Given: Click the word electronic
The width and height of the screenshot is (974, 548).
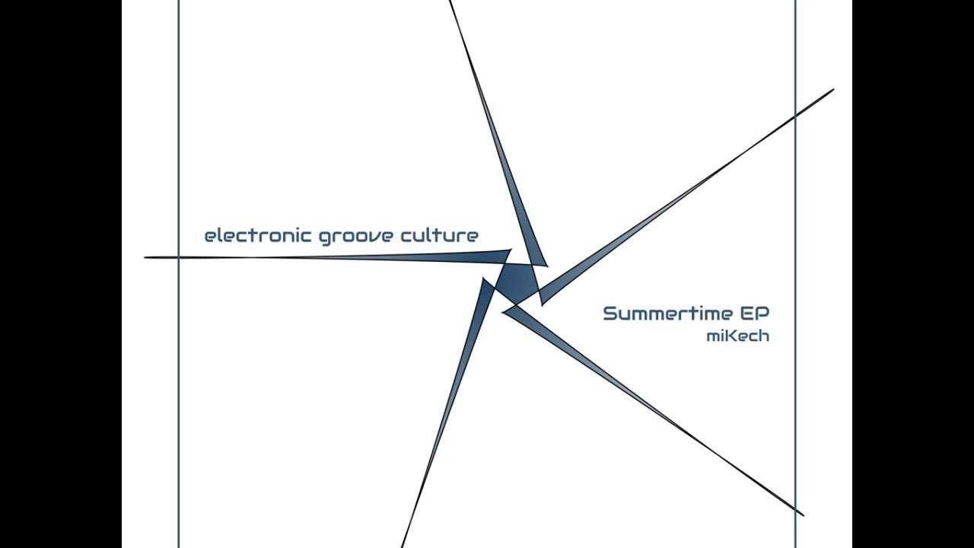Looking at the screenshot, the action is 258,236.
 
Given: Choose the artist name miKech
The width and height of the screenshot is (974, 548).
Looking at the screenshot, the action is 737,336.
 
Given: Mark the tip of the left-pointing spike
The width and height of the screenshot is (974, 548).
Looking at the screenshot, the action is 145,257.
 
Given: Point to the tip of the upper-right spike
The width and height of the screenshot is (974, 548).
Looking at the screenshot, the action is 833,90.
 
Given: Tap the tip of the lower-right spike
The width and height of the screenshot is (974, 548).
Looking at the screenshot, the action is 803,515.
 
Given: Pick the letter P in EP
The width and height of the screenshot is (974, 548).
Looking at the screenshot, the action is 763,314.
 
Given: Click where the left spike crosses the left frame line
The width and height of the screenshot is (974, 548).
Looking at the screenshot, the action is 179,257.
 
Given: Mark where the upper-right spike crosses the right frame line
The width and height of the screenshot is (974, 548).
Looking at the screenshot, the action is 795,115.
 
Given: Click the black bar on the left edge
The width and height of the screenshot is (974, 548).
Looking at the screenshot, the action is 61,274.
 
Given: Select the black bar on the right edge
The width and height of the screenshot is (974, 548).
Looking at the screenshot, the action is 913,274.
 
